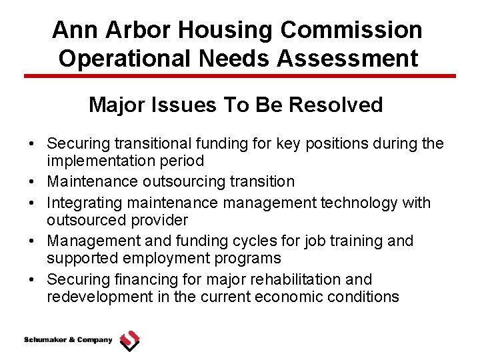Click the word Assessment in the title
(x=350, y=58)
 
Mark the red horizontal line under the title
(x=240, y=76)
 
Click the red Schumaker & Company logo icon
(x=129, y=341)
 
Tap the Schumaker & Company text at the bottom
(x=69, y=340)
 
